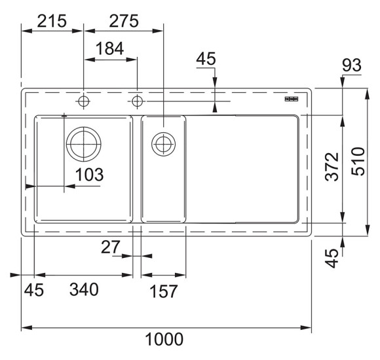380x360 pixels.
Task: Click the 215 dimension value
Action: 52,21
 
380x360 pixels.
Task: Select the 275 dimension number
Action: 124,21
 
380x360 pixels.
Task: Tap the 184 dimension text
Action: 110,48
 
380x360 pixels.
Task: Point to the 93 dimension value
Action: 352,65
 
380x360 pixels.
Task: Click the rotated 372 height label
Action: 332,167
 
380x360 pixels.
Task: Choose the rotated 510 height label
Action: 358,161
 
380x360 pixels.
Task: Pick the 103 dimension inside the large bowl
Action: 89,174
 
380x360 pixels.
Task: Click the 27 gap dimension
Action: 111,247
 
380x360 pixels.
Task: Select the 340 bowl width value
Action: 84,289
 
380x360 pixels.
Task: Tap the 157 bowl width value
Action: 164,291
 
